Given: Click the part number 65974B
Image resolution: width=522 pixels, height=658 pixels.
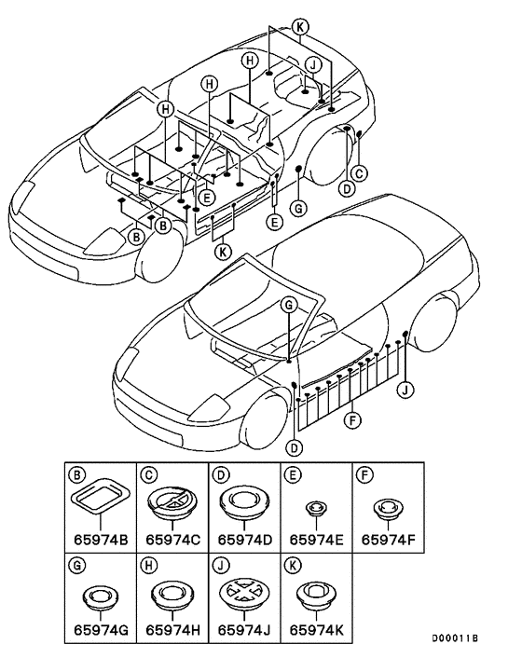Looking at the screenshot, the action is pos(101,540).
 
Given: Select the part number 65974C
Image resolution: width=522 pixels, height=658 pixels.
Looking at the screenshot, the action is pos(172,540).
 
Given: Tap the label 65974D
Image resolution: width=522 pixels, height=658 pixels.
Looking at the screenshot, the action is pos(245,540).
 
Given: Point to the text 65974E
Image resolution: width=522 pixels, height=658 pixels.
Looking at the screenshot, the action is pos(316,540).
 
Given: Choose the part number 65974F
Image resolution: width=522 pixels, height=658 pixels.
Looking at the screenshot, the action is pos(388,540).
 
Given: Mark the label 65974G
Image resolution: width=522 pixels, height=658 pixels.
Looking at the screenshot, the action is pos(101,630).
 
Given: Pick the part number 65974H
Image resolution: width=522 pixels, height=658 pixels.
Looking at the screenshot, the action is pos(172,630).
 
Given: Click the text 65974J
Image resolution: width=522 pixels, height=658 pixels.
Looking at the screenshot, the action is pos(244,630).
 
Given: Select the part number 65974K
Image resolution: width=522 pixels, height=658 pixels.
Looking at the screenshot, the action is pos(316,630).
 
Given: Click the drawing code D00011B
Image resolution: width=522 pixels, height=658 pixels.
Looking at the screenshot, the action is pos(455,638).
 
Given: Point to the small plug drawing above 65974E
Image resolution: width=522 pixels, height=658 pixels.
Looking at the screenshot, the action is pos(316,508).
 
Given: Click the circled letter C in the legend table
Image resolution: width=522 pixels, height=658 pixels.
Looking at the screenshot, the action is pos(149,474).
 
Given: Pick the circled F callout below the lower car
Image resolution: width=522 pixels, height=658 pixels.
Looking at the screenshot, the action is pos(352,420).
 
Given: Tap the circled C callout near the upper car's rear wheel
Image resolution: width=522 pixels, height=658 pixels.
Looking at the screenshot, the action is pos(359,173).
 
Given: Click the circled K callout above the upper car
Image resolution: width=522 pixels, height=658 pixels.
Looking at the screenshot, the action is pos(300,27).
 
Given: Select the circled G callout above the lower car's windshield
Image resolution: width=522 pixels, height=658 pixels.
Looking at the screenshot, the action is pos(289,305).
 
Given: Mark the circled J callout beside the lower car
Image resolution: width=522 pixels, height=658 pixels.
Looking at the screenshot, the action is pos(405,391).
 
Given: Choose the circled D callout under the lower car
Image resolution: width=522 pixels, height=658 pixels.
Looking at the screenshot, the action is pos(295,447).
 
